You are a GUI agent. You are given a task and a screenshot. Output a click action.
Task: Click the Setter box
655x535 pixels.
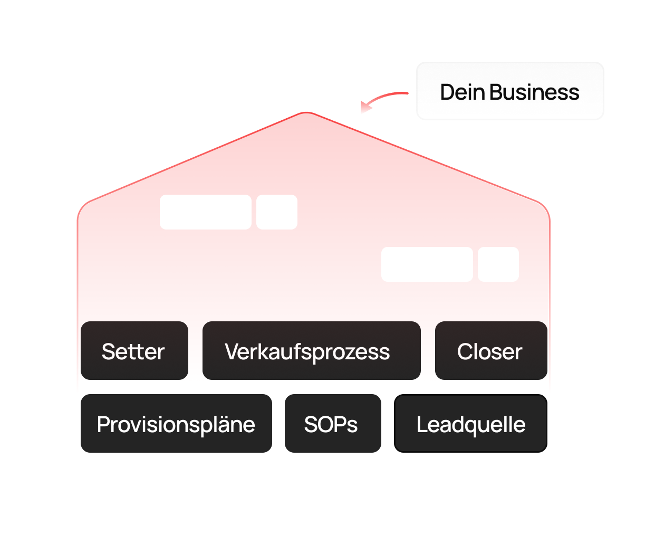[134, 351]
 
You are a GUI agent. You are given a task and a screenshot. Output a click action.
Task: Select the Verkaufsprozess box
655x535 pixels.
[311, 351]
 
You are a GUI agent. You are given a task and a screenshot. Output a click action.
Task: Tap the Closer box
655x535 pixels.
[490, 351]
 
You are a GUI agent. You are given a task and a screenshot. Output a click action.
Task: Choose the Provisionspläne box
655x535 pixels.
[176, 424]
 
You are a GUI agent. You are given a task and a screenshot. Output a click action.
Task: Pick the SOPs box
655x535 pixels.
[333, 424]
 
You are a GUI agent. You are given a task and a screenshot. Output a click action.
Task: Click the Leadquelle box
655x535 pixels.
[470, 424]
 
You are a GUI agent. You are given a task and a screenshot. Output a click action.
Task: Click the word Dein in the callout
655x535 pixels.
[463, 92]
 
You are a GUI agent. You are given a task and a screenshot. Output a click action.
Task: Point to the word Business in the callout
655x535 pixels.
[534, 92]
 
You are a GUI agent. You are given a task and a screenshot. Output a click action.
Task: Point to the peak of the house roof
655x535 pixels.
[306, 113]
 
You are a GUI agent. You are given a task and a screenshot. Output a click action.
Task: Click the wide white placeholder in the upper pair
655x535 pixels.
[206, 212]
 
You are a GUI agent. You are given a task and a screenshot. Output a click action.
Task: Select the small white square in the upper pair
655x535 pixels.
[277, 212]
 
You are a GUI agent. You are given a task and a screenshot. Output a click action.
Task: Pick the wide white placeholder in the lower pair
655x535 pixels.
[427, 264]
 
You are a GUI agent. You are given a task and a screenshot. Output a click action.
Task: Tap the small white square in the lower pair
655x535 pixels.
[498, 264]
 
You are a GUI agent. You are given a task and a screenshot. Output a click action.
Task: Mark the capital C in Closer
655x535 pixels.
[465, 351]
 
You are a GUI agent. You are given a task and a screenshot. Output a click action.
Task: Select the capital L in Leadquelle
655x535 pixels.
[421, 424]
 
